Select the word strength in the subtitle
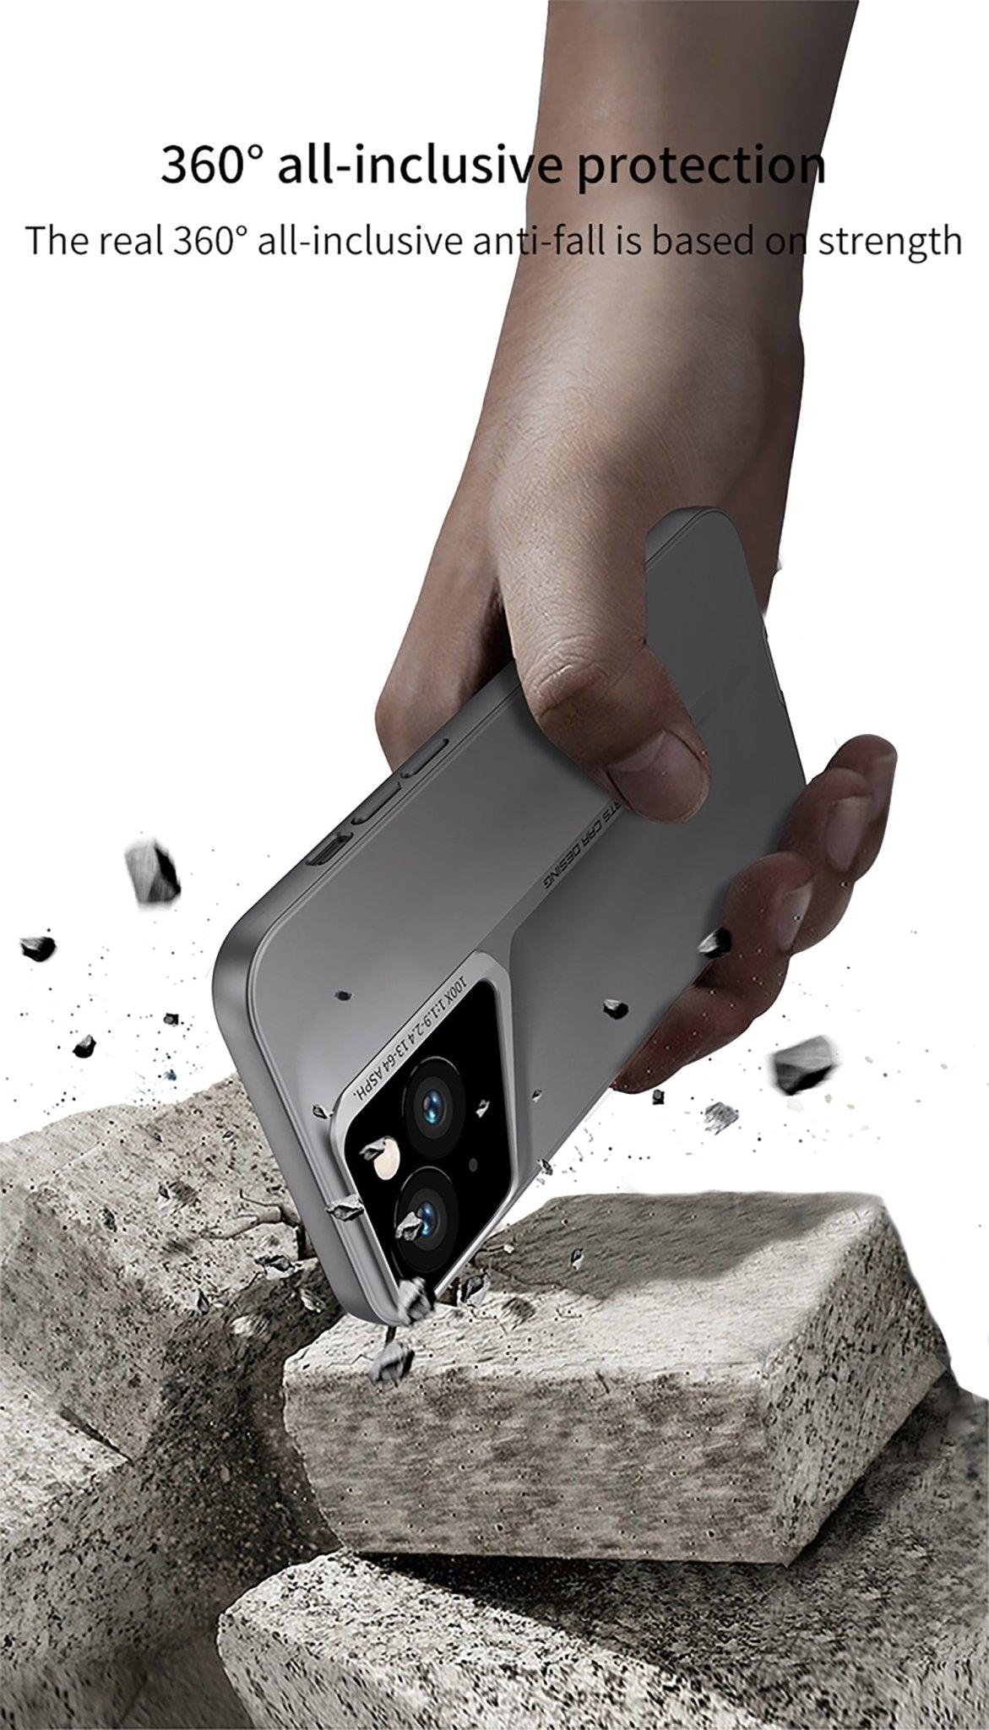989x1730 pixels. tap(890, 241)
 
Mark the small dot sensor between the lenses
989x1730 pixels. tap(472, 1165)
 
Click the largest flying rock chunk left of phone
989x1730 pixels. tap(153, 871)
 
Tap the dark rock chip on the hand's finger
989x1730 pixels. tap(715, 941)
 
